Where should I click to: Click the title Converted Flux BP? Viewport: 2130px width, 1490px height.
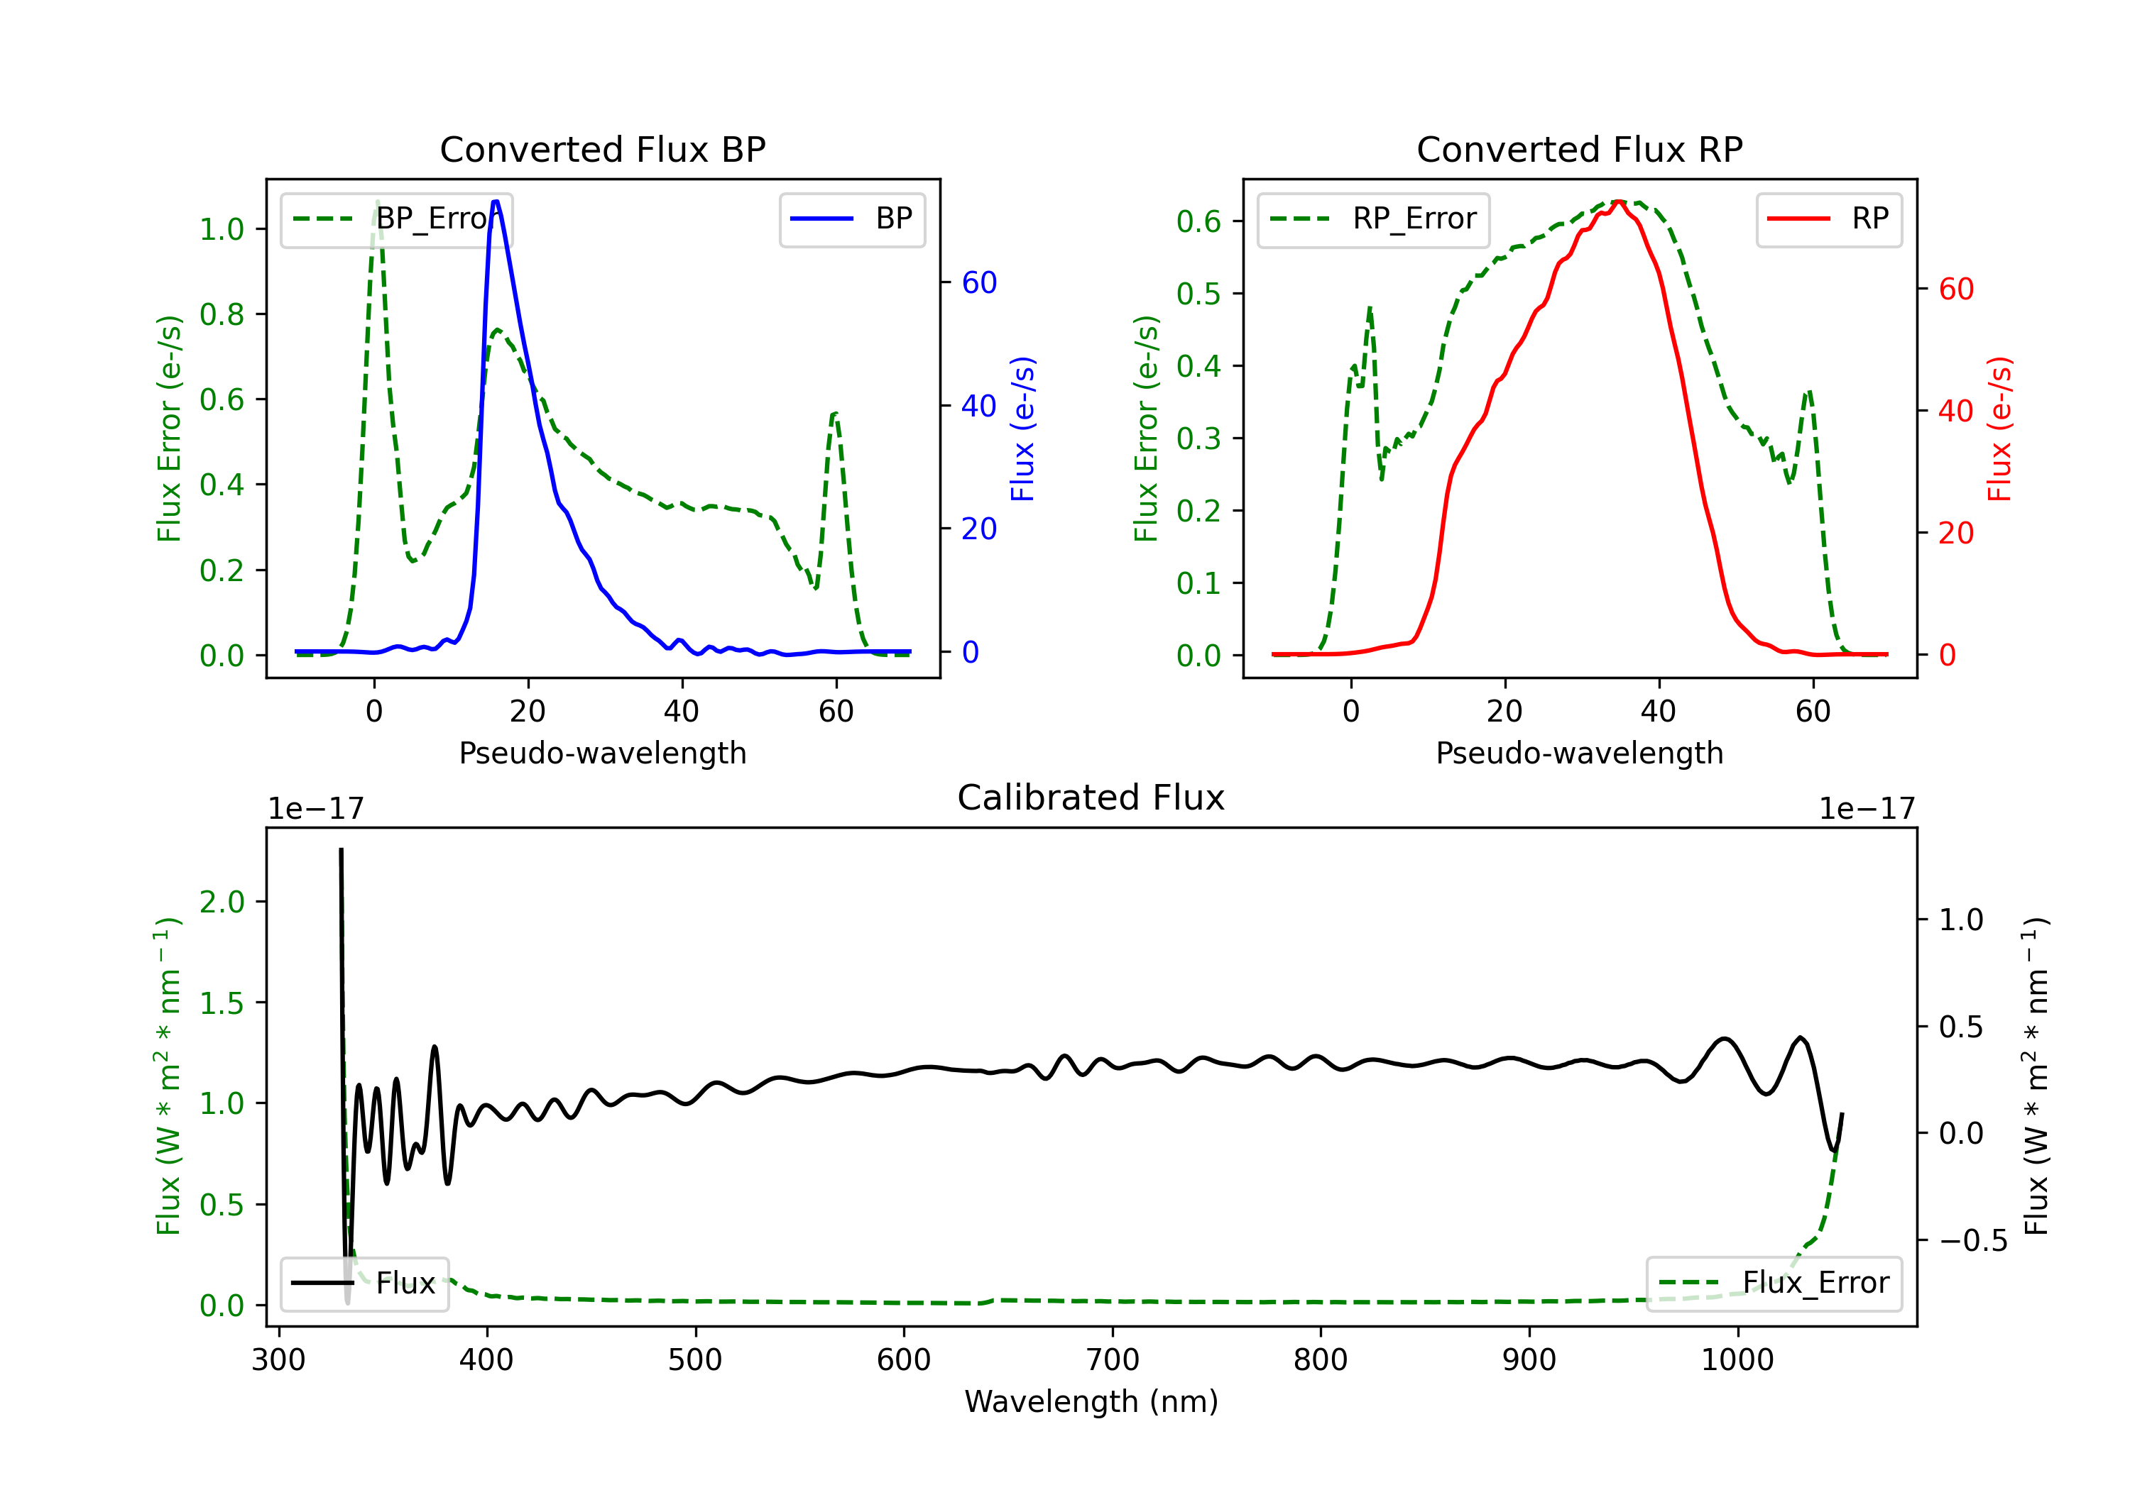pos(602,149)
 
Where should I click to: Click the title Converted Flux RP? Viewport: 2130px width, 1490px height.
pos(1579,149)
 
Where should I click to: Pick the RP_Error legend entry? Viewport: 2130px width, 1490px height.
pos(1373,219)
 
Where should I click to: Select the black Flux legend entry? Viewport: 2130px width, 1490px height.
pos(365,1284)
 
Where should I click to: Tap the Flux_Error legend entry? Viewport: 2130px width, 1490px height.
pos(1774,1284)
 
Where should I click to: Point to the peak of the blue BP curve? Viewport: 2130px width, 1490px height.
pos(496,202)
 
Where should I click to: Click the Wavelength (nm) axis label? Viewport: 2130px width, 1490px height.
pos(1091,1401)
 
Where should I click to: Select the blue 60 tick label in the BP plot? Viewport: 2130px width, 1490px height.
pos(978,283)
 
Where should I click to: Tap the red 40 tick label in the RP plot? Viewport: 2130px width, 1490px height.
pos(1955,411)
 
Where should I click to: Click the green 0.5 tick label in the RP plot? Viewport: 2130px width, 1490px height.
pos(1198,294)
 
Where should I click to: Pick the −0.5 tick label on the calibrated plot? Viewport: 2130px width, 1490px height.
pos(1972,1240)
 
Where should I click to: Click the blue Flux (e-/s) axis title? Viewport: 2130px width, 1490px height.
pos(1022,429)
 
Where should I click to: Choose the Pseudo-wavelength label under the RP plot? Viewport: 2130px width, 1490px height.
pos(1579,753)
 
